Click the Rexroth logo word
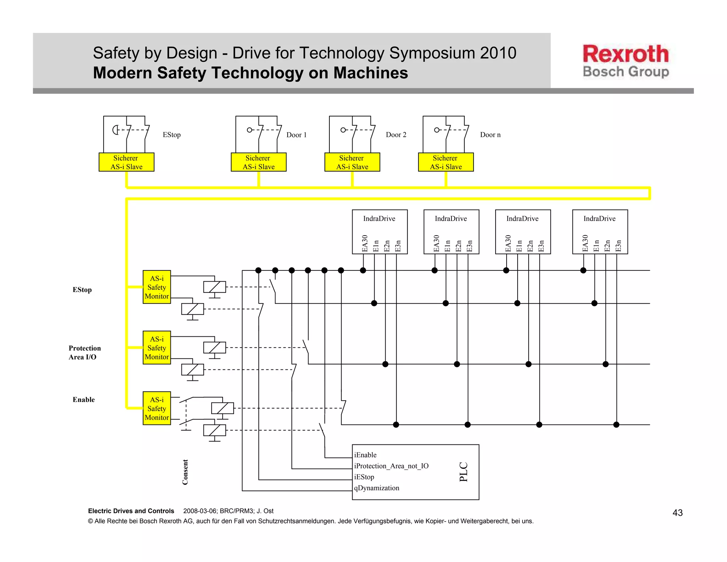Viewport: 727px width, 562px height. click(625, 54)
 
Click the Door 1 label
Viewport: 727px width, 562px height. click(296, 135)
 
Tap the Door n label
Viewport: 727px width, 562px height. click(490, 135)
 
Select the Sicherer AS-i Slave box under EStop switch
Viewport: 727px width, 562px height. click(126, 162)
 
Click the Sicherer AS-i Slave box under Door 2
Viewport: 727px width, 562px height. click(352, 162)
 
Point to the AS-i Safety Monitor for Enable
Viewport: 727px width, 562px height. click(157, 409)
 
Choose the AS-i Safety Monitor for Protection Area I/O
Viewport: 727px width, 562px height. click(157, 348)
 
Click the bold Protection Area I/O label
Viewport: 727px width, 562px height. click(84, 352)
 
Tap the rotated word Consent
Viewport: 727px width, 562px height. click(185, 472)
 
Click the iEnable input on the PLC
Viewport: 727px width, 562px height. click(365, 455)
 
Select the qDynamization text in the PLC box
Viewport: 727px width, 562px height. click(377, 488)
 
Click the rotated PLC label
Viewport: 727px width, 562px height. click(464, 472)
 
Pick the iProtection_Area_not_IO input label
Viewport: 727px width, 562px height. click(391, 466)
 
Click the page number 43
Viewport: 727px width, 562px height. click(677, 513)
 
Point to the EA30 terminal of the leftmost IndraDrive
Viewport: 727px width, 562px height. click(365, 243)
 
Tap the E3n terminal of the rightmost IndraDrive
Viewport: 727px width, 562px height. click(618, 245)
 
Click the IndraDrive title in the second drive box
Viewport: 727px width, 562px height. click(451, 219)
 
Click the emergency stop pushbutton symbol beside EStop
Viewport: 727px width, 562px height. click(116, 130)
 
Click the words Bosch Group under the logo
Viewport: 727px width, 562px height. click(625, 72)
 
